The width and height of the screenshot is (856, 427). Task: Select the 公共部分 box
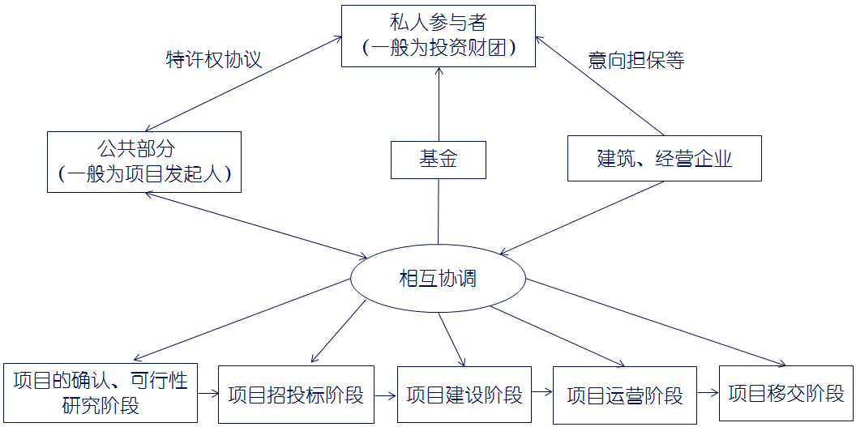pos(144,161)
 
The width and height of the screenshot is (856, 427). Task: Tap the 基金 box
pos(438,160)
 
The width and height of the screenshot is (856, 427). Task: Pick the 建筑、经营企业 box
pos(664,158)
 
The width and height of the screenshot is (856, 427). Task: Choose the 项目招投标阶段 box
pos(297,395)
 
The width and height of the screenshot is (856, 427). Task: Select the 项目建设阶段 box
pos(464,395)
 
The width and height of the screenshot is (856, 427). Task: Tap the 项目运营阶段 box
pos(625,395)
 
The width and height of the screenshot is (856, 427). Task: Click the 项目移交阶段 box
pos(786,394)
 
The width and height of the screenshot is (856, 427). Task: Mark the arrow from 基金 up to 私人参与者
pos(438,105)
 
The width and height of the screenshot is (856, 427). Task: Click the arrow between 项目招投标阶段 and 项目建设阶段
pos(387,395)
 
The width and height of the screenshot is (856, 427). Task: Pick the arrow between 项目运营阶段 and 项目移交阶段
pos(708,395)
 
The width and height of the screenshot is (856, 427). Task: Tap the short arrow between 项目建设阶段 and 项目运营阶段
pos(542,395)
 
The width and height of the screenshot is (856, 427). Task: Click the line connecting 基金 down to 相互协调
pos(438,211)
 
